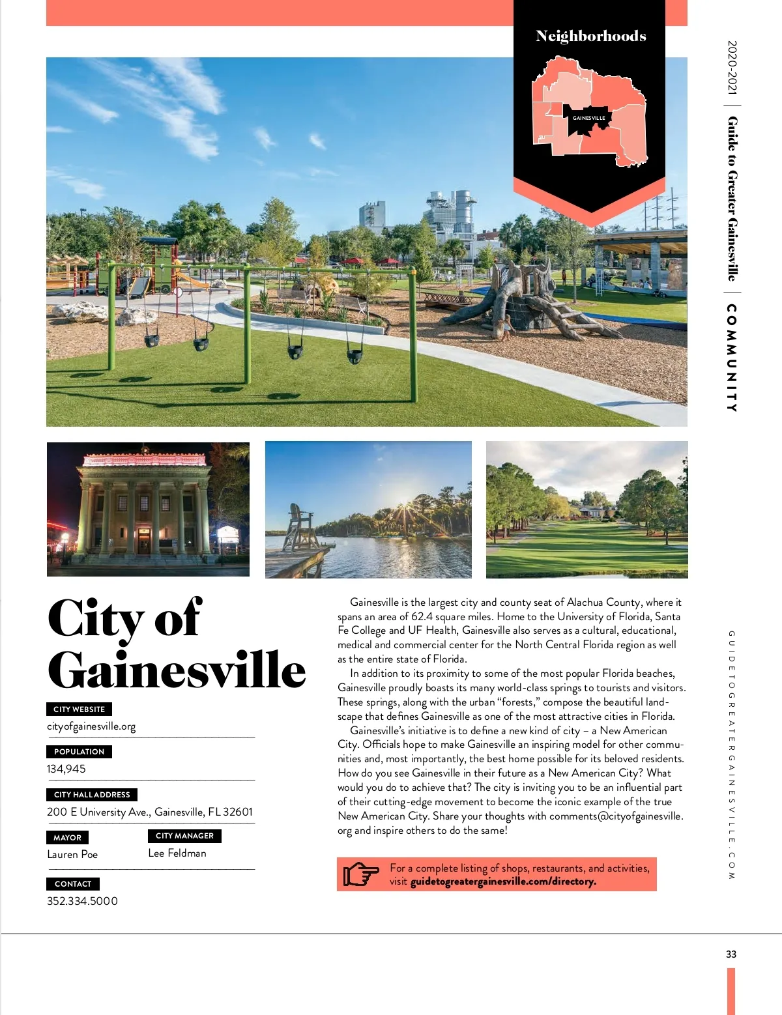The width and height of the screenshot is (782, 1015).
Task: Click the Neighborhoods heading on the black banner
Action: (590, 36)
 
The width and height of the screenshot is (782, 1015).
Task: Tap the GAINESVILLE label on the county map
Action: (588, 118)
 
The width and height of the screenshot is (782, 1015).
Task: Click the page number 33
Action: (731, 954)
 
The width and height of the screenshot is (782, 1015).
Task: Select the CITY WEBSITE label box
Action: (79, 709)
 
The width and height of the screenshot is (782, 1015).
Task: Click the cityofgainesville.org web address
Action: (91, 726)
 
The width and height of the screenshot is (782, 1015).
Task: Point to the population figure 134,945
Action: (66, 769)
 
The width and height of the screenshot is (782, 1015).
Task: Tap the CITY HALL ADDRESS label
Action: (92, 794)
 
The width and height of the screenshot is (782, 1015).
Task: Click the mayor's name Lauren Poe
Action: (72, 854)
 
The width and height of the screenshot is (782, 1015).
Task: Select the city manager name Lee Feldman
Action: (177, 853)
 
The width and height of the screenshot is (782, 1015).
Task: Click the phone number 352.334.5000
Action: (82, 901)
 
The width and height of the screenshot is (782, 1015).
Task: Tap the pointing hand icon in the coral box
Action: (360, 874)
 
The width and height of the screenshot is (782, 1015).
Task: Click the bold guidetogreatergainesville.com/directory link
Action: (503, 881)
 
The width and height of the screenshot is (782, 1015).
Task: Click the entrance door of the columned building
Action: (143, 541)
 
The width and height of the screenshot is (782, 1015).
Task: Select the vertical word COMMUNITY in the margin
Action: (732, 358)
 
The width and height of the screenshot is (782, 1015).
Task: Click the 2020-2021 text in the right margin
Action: (732, 68)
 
